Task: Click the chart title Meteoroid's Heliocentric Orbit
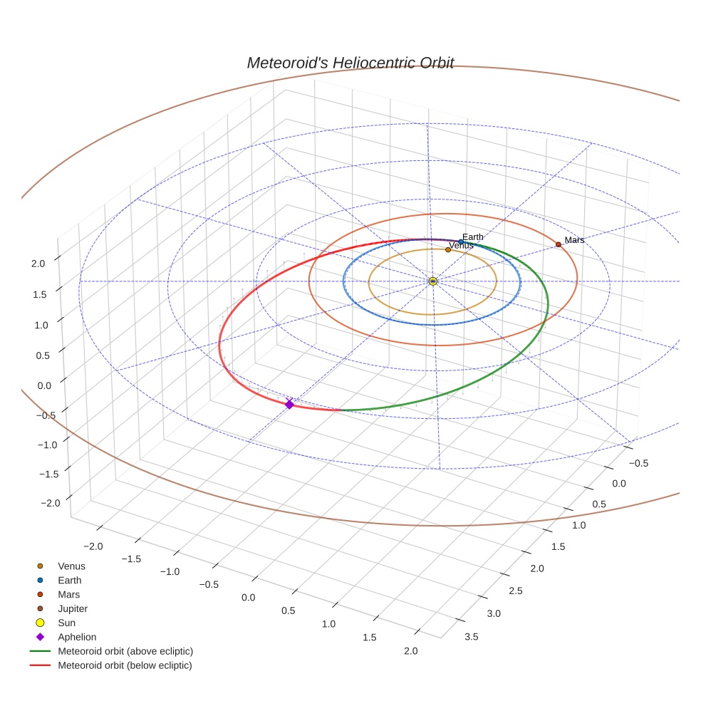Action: pyautogui.click(x=350, y=63)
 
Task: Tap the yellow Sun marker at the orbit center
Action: pyautogui.click(x=433, y=281)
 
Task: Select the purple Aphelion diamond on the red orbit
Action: pyautogui.click(x=289, y=405)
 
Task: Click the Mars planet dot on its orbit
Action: pyautogui.click(x=559, y=244)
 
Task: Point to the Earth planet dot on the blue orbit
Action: pyautogui.click(x=461, y=242)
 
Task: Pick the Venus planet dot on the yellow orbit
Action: pyautogui.click(x=447, y=249)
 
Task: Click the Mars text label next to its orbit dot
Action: pyautogui.click(x=574, y=240)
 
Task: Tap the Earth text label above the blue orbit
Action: pyautogui.click(x=473, y=237)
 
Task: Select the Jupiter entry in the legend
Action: pyautogui.click(x=73, y=608)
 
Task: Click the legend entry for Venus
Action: pyautogui.click(x=71, y=566)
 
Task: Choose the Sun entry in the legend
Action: pyautogui.click(x=66, y=623)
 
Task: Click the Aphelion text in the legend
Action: pyautogui.click(x=77, y=637)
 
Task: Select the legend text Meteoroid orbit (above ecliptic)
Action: pyautogui.click(x=125, y=651)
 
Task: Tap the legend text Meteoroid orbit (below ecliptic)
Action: pyautogui.click(x=125, y=665)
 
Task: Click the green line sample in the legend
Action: pyautogui.click(x=40, y=651)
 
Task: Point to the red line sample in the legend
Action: pyautogui.click(x=40, y=665)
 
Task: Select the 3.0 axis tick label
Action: pyautogui.click(x=492, y=613)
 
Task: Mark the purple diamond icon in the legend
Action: pyautogui.click(x=40, y=637)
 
